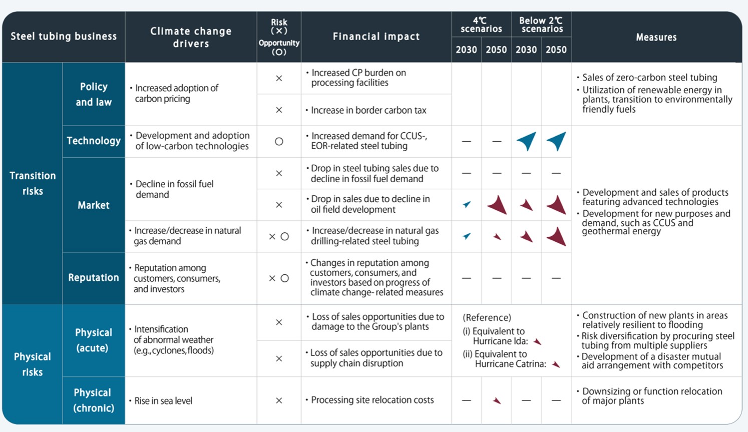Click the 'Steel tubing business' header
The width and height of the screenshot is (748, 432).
click(64, 37)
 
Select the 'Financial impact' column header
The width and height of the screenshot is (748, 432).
click(376, 37)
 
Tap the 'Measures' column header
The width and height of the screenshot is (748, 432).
click(656, 37)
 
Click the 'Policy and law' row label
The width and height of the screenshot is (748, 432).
click(94, 94)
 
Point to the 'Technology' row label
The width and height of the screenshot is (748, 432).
click(94, 141)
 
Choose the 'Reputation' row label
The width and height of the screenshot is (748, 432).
click(94, 277)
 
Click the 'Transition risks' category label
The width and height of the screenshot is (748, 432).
click(33, 183)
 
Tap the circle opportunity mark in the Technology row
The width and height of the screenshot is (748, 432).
click(279, 141)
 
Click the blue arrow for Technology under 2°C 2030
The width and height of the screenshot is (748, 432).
click(526, 141)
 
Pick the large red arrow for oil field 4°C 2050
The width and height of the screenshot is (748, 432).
click(497, 205)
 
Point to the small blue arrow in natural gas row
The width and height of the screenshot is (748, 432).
click(467, 236)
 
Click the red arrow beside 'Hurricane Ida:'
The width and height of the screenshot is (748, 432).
click(537, 341)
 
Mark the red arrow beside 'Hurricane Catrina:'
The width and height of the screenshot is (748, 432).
click(556, 364)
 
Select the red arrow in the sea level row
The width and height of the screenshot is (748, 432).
click(497, 400)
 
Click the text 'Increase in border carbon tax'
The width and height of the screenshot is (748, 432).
click(368, 110)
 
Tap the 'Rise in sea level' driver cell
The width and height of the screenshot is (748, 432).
click(163, 400)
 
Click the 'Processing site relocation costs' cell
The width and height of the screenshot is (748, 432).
click(372, 400)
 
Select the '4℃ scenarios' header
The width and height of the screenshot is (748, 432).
click(481, 25)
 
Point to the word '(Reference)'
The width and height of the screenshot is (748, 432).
click(487, 317)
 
